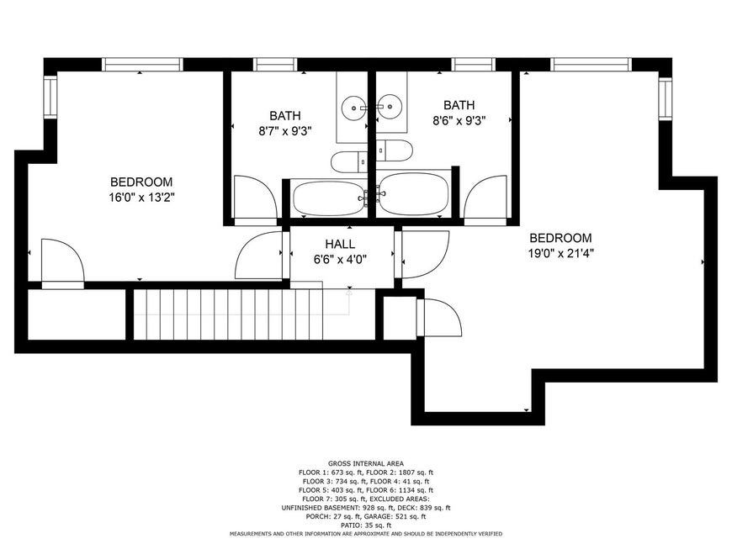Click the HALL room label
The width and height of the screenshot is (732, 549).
(340, 244)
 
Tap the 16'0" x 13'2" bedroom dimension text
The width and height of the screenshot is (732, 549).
(141, 198)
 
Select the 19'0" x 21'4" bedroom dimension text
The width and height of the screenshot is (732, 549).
(560, 254)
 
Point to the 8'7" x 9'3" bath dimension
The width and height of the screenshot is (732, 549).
(284, 131)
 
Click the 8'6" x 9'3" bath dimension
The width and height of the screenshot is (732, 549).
(459, 121)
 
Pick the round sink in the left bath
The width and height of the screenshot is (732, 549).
(354, 108)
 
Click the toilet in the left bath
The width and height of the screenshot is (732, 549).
(349, 162)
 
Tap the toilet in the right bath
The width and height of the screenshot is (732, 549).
(395, 150)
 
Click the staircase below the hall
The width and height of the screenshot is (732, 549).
(228, 314)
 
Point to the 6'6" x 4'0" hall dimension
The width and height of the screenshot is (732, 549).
(340, 259)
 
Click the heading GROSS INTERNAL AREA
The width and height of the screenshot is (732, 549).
(366, 463)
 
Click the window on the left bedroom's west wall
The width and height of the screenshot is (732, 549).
(50, 97)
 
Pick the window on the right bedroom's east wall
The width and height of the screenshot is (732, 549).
(665, 98)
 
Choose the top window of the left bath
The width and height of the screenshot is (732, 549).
(275, 65)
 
